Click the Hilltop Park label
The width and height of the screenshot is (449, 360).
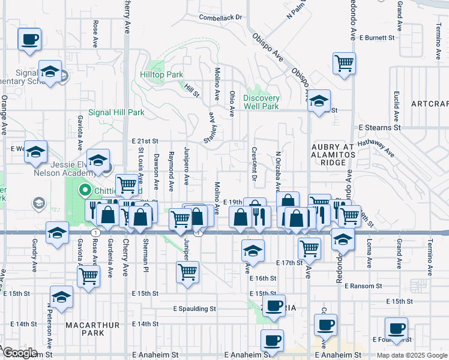[x=161, y=75]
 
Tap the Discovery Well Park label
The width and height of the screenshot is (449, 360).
[x=262, y=102]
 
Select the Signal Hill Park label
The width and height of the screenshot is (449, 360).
[x=116, y=112]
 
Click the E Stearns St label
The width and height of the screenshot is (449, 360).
[x=379, y=128]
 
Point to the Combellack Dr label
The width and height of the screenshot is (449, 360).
[x=220, y=18]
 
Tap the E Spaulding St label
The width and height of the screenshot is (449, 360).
[x=194, y=309]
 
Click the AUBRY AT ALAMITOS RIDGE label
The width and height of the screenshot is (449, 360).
[x=329, y=154]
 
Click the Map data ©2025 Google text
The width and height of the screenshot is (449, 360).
[x=411, y=355]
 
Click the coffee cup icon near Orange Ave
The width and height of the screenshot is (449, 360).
[x=29, y=40]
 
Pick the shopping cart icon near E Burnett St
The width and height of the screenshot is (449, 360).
[x=344, y=63]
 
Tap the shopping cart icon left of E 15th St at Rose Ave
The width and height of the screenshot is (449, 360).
[x=88, y=277]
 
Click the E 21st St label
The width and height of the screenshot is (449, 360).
[x=144, y=140]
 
